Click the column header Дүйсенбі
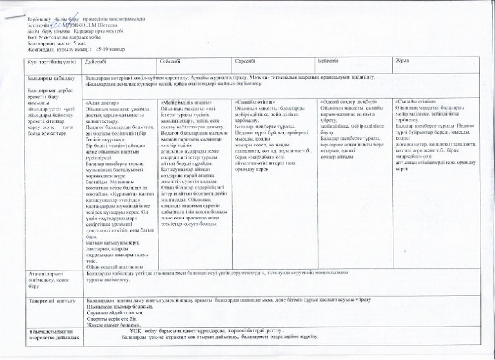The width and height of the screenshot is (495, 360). coord(96,61)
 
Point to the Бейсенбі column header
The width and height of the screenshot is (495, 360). coord(328,61)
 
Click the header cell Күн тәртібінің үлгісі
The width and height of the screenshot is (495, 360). coord(52,62)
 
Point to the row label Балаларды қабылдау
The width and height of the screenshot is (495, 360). coord(51,79)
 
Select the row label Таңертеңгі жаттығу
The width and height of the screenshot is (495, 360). coord(52,301)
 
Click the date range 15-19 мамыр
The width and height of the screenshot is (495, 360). coord(110,49)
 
